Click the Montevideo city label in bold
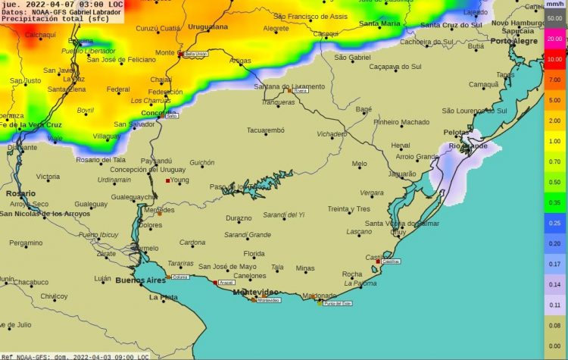254,292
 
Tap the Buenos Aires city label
140,280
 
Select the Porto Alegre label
514,41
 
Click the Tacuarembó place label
266,130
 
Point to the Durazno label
239,218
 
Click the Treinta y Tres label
348,208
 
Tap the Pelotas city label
456,132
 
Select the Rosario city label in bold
20,194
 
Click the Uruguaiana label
208,27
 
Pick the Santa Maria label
379,24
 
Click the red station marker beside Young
168,180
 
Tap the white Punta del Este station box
337,303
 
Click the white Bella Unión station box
196,55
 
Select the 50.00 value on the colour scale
554,17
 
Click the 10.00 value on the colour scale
554,59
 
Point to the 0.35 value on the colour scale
554,203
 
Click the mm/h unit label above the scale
554,4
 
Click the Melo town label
359,164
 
